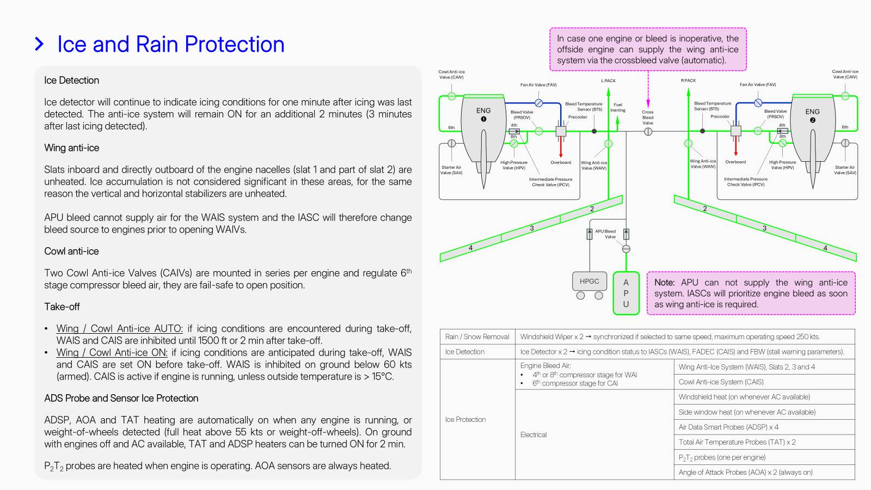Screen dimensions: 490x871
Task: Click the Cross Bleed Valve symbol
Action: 648,131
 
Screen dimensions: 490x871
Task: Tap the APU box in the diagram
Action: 626,293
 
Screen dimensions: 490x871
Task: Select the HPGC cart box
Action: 589,281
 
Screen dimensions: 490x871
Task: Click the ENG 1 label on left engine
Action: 483,114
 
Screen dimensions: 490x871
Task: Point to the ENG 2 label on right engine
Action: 812,115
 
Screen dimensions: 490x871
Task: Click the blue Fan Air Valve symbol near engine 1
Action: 538,103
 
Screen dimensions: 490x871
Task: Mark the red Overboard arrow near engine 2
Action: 735,146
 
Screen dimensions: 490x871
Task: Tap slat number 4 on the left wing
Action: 470,248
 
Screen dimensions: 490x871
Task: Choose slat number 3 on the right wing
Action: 764,228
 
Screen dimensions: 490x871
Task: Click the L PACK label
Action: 608,81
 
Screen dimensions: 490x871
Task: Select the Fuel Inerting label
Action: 618,107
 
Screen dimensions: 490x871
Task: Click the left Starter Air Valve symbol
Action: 451,143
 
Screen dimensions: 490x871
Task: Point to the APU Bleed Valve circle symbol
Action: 626,249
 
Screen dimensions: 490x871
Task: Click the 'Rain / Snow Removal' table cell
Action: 477,336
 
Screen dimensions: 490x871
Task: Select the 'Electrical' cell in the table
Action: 533,434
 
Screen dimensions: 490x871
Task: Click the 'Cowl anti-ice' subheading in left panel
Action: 71,251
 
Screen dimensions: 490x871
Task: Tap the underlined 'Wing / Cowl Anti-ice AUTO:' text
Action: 119,328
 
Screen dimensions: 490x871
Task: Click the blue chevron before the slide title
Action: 39,44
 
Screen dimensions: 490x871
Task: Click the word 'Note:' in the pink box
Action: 664,283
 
